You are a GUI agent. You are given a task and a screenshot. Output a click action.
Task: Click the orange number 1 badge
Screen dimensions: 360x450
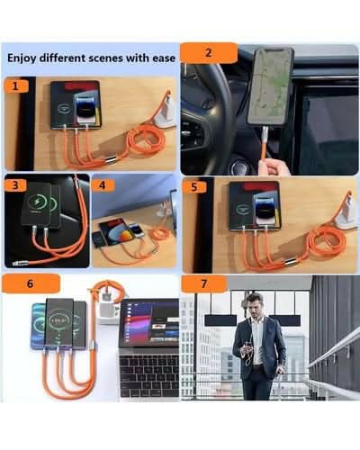(16, 86)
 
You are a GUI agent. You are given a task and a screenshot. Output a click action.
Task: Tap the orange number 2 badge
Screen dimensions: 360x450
(209, 53)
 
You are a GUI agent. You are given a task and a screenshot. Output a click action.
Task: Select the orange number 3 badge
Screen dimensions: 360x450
(15, 185)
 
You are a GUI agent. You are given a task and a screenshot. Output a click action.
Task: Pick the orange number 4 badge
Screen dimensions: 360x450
(103, 185)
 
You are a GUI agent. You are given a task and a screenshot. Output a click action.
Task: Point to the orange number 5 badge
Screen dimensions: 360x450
(194, 187)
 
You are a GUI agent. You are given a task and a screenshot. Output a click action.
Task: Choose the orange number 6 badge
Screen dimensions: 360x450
(31, 283)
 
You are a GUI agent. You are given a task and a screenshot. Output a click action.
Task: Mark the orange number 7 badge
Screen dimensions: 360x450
(204, 283)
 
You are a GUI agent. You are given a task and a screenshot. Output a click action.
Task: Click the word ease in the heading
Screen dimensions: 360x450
(164, 58)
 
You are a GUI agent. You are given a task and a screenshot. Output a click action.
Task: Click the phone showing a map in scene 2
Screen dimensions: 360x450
(269, 87)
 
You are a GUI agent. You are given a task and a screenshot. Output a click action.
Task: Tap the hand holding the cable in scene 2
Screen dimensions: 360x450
(274, 166)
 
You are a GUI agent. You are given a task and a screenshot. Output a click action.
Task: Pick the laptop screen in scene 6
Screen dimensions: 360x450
(149, 324)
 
